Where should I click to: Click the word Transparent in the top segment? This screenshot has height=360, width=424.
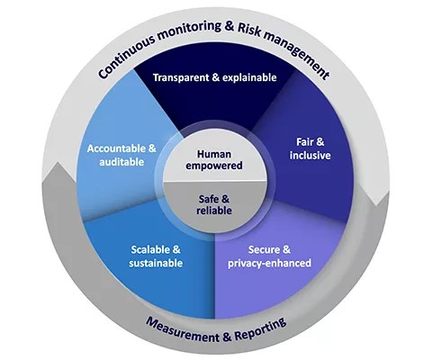click(x=179, y=77)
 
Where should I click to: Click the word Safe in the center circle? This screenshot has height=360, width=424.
click(x=208, y=198)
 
